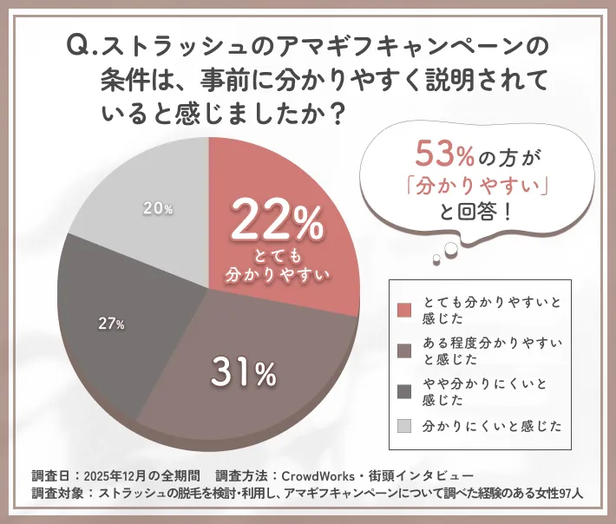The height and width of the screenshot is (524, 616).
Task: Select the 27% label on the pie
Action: tap(111, 324)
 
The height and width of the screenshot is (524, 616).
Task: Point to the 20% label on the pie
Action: tap(158, 208)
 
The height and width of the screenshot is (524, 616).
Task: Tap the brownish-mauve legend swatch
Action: tap(403, 350)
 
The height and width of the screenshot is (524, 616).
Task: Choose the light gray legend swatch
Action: tap(403, 425)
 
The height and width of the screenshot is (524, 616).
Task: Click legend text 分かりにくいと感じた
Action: tap(492, 426)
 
